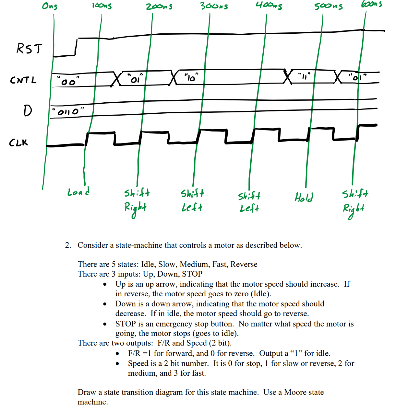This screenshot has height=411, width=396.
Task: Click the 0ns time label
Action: pos(50,6)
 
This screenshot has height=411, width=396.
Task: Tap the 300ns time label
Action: pos(214,6)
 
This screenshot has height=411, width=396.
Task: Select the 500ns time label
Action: pos(328,6)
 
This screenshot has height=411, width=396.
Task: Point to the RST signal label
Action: pos(29,49)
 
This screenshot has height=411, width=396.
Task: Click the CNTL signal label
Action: pos(23,80)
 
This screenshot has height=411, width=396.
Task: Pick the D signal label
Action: pos(28,110)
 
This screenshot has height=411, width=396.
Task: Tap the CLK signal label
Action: pos(18,143)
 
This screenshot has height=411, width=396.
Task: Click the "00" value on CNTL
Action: pos(68,81)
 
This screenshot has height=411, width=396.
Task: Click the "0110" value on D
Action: pos(68,112)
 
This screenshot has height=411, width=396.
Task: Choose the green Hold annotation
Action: pos(304,197)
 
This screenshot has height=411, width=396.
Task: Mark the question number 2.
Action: pos(68,245)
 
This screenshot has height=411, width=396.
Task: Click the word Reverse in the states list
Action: pos(244,264)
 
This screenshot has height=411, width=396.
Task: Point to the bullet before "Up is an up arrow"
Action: pos(105,285)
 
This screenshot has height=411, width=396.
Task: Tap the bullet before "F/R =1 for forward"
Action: pos(117,354)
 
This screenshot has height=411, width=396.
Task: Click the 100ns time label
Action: pos(102,6)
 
